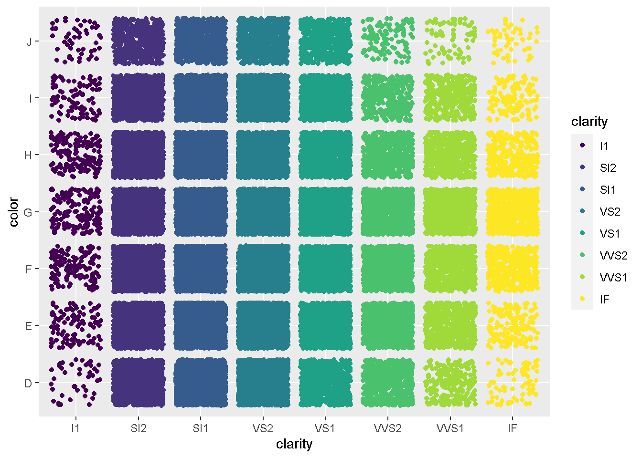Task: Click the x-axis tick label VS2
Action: (x=263, y=428)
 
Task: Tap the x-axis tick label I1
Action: (x=75, y=428)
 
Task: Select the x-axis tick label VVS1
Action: (x=450, y=428)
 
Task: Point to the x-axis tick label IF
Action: (x=512, y=428)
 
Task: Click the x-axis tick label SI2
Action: (x=138, y=428)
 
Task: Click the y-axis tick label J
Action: (x=29, y=42)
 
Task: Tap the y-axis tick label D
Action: (x=28, y=384)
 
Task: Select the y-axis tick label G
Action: (x=28, y=213)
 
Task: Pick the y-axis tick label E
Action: (x=29, y=326)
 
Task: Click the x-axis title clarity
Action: (x=294, y=445)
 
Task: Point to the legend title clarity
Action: (x=589, y=122)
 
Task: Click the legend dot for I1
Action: (x=582, y=146)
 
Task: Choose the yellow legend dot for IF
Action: (x=582, y=299)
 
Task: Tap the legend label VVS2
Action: (x=614, y=256)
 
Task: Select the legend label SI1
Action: (x=608, y=190)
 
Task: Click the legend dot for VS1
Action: (x=582, y=233)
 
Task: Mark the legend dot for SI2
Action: (x=582, y=167)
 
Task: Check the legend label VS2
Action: (x=610, y=212)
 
